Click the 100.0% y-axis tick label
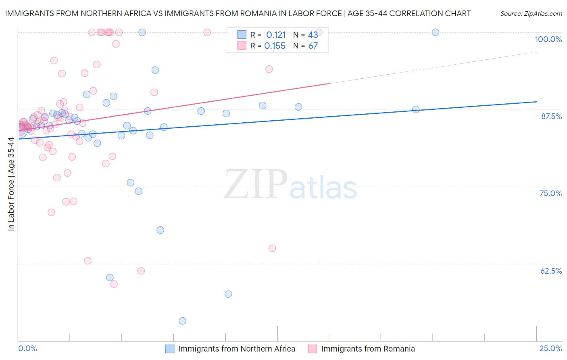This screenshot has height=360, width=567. pos(548,39)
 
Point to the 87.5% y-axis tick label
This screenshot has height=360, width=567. pos(551,116)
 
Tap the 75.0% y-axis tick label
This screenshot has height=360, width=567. pos(550,193)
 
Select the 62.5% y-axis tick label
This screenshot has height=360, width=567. pos(551,271)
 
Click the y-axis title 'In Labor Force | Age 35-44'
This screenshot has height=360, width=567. pos(11,184)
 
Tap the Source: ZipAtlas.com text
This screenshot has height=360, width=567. pos(531,14)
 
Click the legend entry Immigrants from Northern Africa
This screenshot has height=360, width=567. pos(236,349)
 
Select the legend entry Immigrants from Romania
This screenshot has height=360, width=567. pos(368,349)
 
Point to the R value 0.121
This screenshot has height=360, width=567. pos(276,35)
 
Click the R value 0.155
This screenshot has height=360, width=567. pos(275,46)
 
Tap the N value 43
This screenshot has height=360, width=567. pos(313,35)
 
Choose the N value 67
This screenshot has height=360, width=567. pos(313,46)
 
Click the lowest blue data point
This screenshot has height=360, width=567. pos(182,321)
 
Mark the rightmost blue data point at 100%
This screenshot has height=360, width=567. pos(436,32)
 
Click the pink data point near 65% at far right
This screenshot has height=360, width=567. pos(272,248)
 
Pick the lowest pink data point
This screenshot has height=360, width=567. pos(114,284)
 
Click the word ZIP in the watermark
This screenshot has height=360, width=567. pos(256,184)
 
